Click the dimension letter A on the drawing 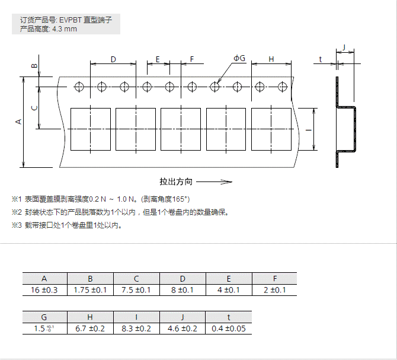click(x=18, y=121)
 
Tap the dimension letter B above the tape click(x=34, y=66)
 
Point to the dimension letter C click(x=34, y=107)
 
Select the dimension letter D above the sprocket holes click(x=113, y=59)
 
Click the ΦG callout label click(x=239, y=58)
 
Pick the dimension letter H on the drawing click(x=271, y=59)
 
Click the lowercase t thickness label click(x=320, y=59)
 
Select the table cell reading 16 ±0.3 click(x=45, y=290)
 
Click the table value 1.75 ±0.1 click(x=90, y=290)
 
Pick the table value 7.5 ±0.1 click(x=136, y=290)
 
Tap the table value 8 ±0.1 click(x=183, y=290)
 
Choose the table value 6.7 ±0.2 click(x=91, y=329)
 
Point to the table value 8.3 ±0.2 click(x=136, y=329)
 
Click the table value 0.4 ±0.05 click(x=229, y=329)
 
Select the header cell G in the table click(x=44, y=317)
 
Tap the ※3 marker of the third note click(x=16, y=225)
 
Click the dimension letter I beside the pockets click(x=309, y=129)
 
